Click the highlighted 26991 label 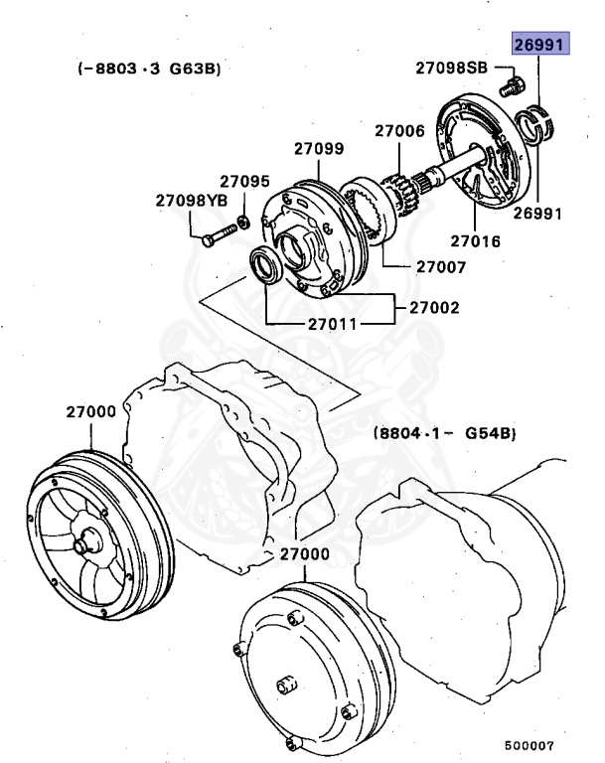[x=537, y=46]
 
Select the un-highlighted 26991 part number [x=537, y=213]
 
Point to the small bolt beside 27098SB [x=512, y=85]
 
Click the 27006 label [x=399, y=130]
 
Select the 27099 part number [x=319, y=149]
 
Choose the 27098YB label [x=191, y=201]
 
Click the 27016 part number [x=475, y=240]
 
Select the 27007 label [x=440, y=266]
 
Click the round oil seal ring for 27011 [x=266, y=268]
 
